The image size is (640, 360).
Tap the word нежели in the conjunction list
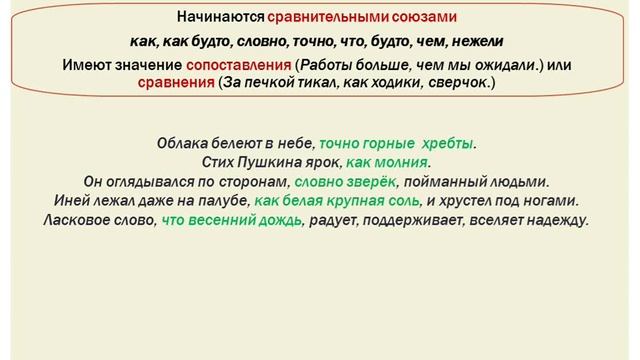click(480, 42)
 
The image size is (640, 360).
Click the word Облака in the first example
click(181, 143)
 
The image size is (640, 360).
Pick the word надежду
click(559, 219)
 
